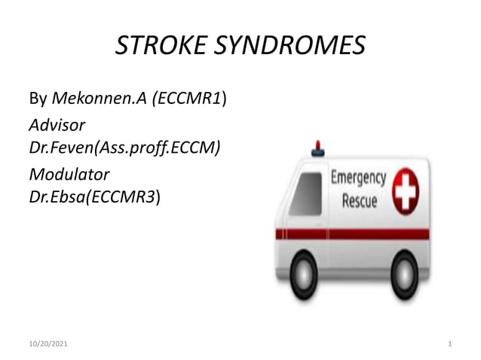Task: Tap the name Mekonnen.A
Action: pyautogui.click(x=100, y=99)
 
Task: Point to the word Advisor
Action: pyautogui.click(x=57, y=124)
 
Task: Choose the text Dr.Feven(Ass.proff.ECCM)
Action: pyautogui.click(x=124, y=148)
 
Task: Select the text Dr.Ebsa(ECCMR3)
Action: pyautogui.click(x=94, y=197)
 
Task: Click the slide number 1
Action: pyautogui.click(x=449, y=344)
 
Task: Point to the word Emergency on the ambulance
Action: pyautogui.click(x=359, y=179)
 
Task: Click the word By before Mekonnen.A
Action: pyautogui.click(x=38, y=99)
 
